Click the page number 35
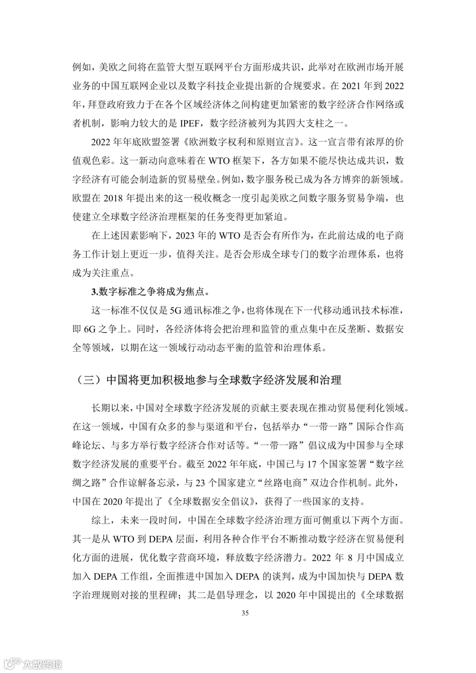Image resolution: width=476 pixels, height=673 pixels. click(245, 613)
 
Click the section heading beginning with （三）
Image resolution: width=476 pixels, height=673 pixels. click(207, 380)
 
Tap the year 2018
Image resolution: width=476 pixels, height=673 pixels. click(115, 198)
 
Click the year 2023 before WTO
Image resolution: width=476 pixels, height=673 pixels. click(186, 235)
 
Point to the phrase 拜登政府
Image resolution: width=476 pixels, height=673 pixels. click(101, 104)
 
